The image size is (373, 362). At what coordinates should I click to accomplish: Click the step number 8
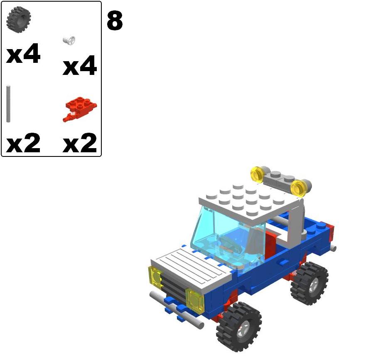(x=115, y=21)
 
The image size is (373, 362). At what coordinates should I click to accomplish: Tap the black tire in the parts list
(x=19, y=19)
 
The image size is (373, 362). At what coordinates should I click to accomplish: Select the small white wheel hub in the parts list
(x=69, y=40)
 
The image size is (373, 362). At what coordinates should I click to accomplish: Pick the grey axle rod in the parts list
(x=8, y=104)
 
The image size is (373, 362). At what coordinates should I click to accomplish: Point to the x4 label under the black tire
(x=23, y=55)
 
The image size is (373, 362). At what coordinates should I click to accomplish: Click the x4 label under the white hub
(x=80, y=67)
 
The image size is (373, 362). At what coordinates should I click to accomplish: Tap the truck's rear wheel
(x=309, y=283)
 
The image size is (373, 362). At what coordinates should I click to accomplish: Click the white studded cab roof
(x=249, y=200)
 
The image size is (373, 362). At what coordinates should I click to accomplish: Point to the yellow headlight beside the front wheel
(x=194, y=300)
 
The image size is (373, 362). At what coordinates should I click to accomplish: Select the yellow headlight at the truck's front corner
(x=156, y=277)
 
